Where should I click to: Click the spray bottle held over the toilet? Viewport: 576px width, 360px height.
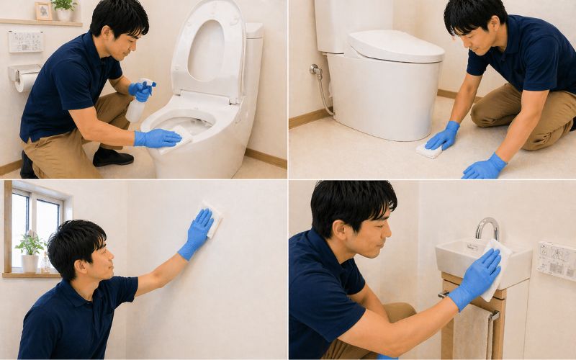click(137, 107)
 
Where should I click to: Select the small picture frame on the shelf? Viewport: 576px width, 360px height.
click(44, 12)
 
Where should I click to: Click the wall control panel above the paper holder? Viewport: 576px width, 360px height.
click(25, 41)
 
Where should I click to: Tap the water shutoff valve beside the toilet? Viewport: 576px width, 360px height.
click(316, 71)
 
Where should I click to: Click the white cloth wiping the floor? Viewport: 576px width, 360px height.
click(429, 150)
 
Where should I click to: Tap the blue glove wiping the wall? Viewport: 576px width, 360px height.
click(197, 233)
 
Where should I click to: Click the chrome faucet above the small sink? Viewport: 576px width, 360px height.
click(487, 227)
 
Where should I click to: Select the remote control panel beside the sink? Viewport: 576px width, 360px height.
click(556, 260)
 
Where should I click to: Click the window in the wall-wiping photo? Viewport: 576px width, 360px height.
click(36, 223)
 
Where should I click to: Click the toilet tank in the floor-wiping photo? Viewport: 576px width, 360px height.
click(353, 25)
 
